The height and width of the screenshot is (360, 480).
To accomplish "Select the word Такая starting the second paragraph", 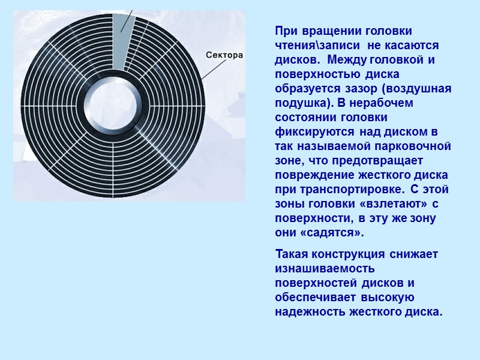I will click(x=293, y=254).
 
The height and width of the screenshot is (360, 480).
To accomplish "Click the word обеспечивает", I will click(x=313, y=298).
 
